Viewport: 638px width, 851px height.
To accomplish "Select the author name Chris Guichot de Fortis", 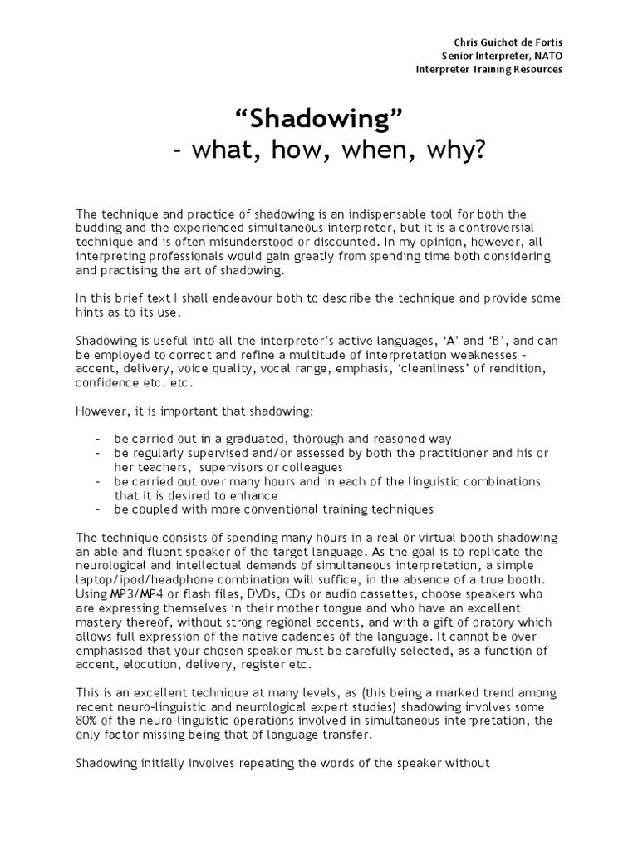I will click(x=508, y=41).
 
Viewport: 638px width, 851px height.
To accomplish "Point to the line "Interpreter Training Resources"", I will click(x=488, y=69).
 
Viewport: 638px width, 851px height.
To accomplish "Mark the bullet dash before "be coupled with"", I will click(x=99, y=509).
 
